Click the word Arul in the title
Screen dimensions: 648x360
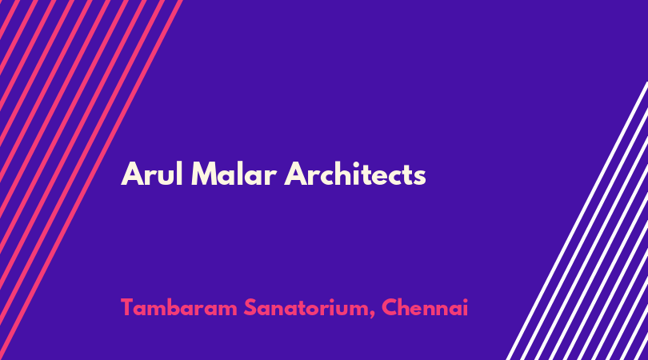(152, 174)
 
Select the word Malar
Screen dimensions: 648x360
(234, 174)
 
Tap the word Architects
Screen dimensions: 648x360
(355, 174)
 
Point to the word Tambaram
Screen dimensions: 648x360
(179, 308)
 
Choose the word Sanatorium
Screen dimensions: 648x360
(309, 308)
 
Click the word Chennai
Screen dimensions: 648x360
(425, 308)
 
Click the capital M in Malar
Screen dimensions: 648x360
(205, 174)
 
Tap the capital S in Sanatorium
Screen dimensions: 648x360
(250, 308)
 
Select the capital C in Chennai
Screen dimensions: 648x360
(390, 308)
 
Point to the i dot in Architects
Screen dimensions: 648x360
(364, 164)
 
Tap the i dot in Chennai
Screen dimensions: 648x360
(465, 300)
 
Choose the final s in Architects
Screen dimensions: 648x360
(420, 177)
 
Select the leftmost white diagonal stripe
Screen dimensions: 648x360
(578, 221)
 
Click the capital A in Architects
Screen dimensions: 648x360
(296, 174)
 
